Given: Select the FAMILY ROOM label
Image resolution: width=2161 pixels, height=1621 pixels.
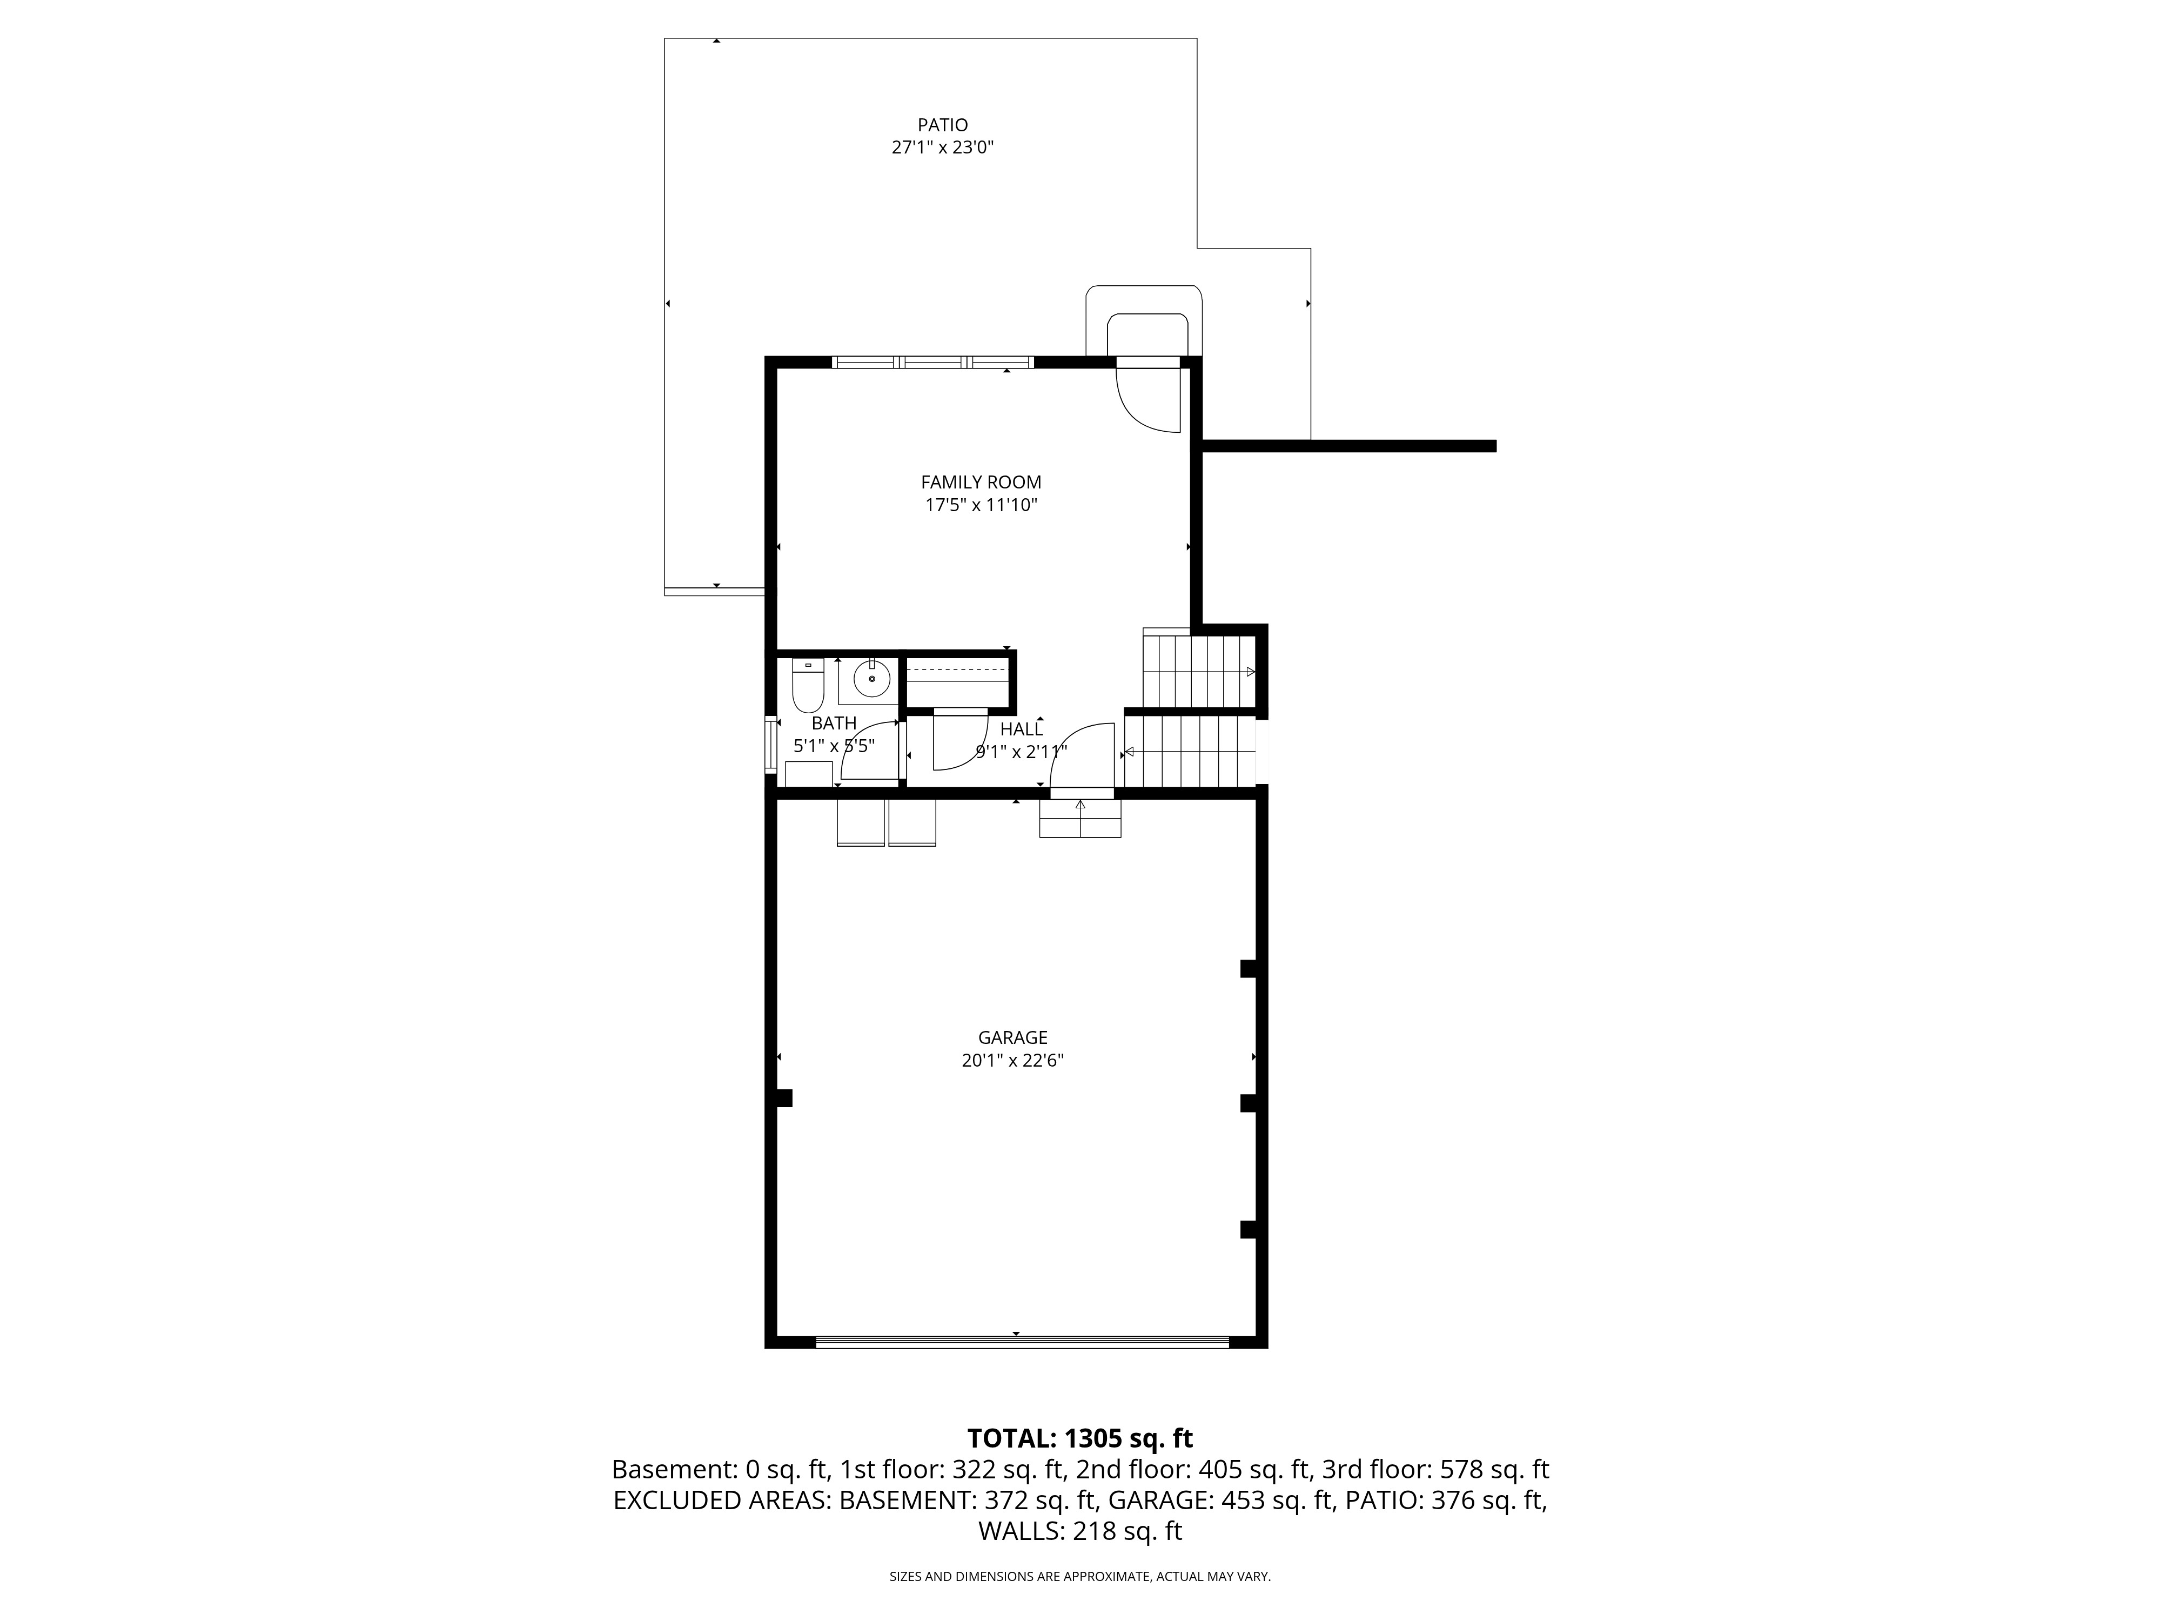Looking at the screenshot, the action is [x=981, y=482].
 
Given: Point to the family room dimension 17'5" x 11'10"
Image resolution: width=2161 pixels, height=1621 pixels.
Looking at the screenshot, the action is [x=981, y=505].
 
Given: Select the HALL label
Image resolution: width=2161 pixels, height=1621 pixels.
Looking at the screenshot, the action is [x=1021, y=729].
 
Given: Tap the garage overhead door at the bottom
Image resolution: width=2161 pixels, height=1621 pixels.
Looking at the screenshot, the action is [x=1022, y=1342].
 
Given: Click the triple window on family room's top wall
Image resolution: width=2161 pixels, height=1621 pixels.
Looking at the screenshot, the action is [x=933, y=363].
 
